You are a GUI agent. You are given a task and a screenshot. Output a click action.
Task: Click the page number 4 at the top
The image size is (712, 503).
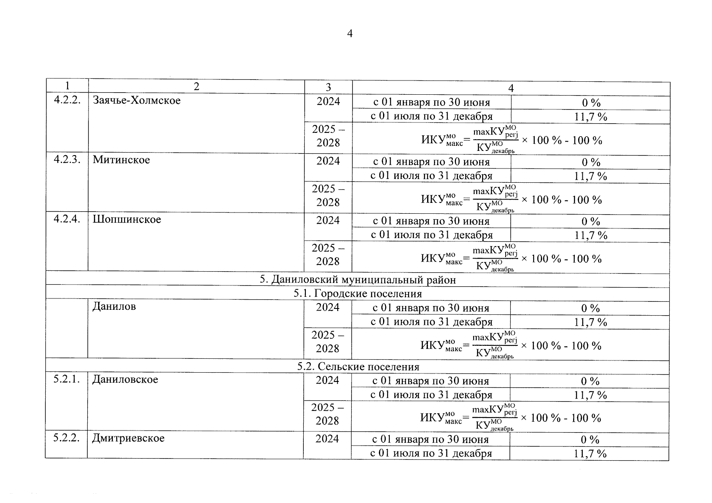pyautogui.click(x=350, y=34)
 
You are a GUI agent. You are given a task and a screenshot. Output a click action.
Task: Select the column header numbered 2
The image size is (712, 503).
pyautogui.click(x=196, y=86)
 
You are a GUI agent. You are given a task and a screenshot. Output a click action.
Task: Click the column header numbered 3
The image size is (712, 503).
pyautogui.click(x=328, y=87)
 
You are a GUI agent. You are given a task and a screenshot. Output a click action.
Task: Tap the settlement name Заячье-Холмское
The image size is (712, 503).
pyautogui.click(x=137, y=101)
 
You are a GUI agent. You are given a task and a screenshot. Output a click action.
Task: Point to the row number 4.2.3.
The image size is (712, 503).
pyautogui.click(x=67, y=160)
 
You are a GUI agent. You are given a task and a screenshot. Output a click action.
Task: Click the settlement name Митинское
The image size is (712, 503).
pyautogui.click(x=121, y=160)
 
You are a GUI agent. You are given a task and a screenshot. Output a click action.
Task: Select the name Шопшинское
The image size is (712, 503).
pyautogui.click(x=127, y=220)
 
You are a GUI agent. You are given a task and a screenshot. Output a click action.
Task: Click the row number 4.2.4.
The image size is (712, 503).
pyautogui.click(x=67, y=219)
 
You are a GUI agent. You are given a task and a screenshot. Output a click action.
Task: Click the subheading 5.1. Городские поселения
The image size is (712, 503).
pyautogui.click(x=357, y=294)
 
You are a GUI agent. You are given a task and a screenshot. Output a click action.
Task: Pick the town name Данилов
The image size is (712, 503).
pyautogui.click(x=114, y=306)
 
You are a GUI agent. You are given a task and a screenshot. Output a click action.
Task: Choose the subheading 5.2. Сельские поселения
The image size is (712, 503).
pyautogui.click(x=358, y=367)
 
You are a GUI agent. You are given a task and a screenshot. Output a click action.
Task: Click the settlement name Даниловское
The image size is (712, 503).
pyautogui.click(x=125, y=380)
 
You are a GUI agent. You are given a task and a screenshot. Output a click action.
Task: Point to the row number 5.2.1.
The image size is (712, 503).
pyautogui.click(x=66, y=379)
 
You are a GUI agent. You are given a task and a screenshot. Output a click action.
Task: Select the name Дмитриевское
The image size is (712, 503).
pyautogui.click(x=128, y=438)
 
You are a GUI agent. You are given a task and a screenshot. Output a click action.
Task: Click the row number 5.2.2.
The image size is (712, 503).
pyautogui.click(x=66, y=438)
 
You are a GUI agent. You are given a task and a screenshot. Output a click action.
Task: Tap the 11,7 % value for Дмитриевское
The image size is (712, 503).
pyautogui.click(x=590, y=454)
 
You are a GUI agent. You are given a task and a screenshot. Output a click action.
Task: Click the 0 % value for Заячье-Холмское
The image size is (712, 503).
pyautogui.click(x=591, y=103)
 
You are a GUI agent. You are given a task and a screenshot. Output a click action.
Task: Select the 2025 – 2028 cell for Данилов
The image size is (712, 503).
pyautogui.click(x=327, y=342)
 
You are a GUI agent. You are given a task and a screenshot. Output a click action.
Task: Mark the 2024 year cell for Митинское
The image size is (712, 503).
pyautogui.click(x=328, y=161)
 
